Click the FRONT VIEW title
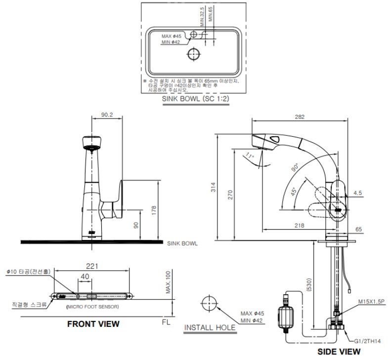[93, 324]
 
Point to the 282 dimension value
[300, 117]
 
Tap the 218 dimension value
[300, 226]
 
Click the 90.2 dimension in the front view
[107, 114]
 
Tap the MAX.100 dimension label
[169, 282]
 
